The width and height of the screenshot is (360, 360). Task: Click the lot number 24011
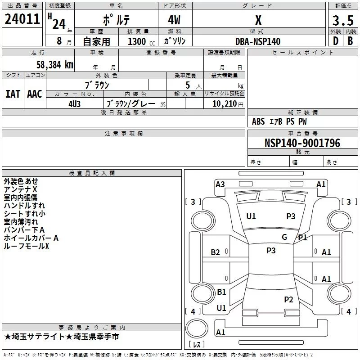tap(22, 19)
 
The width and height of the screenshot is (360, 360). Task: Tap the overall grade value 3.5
tap(342, 21)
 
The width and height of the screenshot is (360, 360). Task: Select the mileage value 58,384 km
tap(49, 65)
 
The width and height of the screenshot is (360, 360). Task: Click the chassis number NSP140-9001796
tap(302, 143)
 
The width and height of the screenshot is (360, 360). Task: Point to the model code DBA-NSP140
tap(258, 41)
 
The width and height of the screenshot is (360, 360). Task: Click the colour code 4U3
tap(74, 103)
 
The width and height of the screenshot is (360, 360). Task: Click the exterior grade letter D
tap(335, 41)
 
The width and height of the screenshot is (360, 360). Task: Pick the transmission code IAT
tap(13, 94)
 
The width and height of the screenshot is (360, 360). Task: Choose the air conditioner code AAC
tap(35, 94)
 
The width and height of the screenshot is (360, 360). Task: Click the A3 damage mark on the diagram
tap(220, 184)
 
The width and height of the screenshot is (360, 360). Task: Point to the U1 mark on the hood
tap(251, 216)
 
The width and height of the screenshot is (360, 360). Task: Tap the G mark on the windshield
tap(284, 237)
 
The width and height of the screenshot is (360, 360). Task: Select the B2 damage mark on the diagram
tap(216, 252)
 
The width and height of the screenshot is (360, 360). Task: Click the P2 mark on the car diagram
tap(288, 299)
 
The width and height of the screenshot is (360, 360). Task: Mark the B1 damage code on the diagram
tap(221, 292)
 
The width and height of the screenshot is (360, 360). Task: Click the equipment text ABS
tap(258, 121)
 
